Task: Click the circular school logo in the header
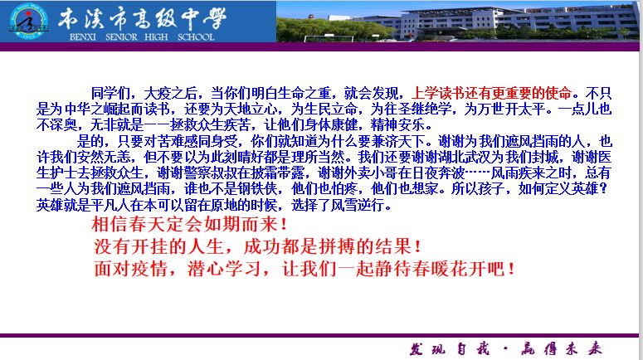click(30, 22)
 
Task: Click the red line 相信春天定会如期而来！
click(190, 225)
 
